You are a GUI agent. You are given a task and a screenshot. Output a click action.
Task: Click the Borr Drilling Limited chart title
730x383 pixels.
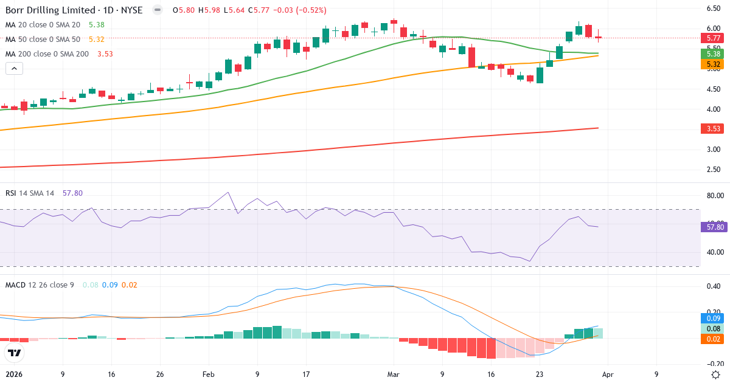click(x=73, y=10)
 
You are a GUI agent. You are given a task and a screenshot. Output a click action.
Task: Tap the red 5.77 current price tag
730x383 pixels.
click(x=711, y=38)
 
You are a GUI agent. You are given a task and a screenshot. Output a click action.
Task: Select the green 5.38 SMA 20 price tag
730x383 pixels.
click(x=711, y=53)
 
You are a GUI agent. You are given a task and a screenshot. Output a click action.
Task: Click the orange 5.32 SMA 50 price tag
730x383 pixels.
click(x=711, y=64)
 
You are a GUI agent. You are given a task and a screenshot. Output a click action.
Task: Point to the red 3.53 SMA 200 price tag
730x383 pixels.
click(x=711, y=128)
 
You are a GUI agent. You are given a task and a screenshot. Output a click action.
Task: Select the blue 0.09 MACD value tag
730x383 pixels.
click(x=711, y=318)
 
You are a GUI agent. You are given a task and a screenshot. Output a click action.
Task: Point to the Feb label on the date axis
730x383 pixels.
click(x=208, y=374)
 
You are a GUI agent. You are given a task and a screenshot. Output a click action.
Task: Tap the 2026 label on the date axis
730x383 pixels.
click(x=13, y=374)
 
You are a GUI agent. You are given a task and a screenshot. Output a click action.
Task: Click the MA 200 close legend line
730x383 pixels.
click(x=47, y=53)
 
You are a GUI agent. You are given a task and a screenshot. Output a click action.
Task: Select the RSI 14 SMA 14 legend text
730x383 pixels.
click(x=30, y=193)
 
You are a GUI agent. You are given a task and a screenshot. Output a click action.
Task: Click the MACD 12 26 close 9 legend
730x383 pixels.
click(x=40, y=285)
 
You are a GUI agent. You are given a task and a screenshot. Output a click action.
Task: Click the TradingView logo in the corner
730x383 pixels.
click(x=14, y=353)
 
